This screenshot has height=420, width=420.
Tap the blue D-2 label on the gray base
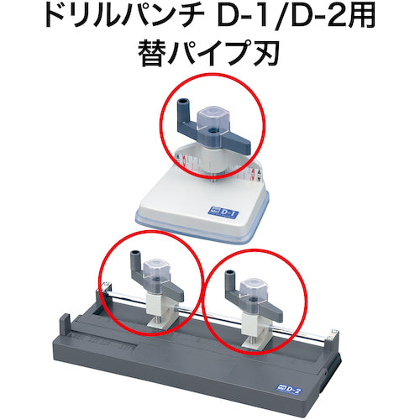288,390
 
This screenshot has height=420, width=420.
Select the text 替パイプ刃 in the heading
209,53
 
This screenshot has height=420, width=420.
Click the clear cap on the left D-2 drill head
156,271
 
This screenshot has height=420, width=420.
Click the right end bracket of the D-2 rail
334,335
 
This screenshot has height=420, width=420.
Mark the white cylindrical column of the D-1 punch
213,160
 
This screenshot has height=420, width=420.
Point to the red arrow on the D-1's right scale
253,174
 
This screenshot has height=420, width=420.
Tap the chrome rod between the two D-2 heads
208,314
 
